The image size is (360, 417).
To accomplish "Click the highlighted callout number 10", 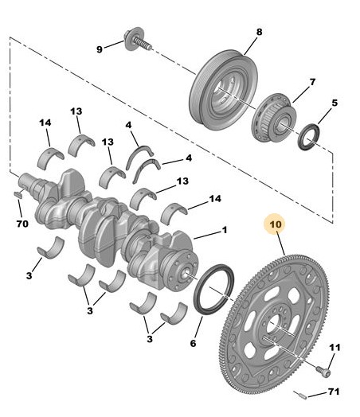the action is pyautogui.click(x=276, y=224).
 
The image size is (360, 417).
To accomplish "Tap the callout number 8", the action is pyautogui.click(x=259, y=32).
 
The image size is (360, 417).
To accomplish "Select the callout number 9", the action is pyautogui.click(x=100, y=49).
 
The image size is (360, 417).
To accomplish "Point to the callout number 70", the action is pyautogui.click(x=22, y=224).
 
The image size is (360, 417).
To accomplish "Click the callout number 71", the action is pyautogui.click(x=334, y=392).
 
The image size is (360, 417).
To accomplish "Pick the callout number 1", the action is pyautogui.click(x=225, y=230).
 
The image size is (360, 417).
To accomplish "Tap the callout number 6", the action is pyautogui.click(x=193, y=343).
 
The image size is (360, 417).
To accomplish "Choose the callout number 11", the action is pyautogui.click(x=335, y=347).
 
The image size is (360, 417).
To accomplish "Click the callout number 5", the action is pyautogui.click(x=335, y=103).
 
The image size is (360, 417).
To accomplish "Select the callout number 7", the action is pyautogui.click(x=312, y=82).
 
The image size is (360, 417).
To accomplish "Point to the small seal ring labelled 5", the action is pyautogui.click(x=309, y=136).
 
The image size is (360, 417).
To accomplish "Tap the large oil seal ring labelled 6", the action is pyautogui.click(x=213, y=289).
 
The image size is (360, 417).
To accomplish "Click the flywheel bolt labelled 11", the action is pyautogui.click(x=323, y=372).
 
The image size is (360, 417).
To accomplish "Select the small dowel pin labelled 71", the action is pyautogui.click(x=300, y=395).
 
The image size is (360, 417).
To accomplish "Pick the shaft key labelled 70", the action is pyautogui.click(x=18, y=194).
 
